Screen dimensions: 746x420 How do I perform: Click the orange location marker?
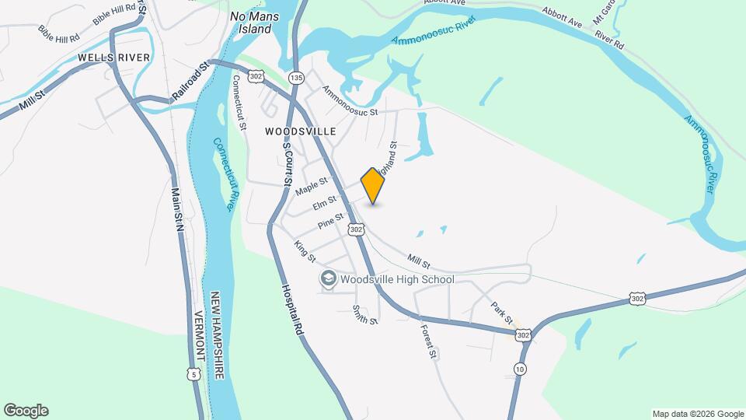coord(373,186)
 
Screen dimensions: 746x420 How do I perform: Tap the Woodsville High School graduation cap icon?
coord(328,278)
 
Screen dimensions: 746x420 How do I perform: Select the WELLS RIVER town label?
coord(107,58)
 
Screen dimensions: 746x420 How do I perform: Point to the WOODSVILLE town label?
coord(301,131)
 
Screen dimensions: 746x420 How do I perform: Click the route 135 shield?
coord(296,78)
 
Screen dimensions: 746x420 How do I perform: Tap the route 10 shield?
coord(520,368)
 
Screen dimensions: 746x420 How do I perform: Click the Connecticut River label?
coord(224,174)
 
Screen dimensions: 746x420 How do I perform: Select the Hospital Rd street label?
coord(291,310)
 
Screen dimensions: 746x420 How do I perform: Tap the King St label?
coord(305,251)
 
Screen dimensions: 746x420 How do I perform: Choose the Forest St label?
coord(429,340)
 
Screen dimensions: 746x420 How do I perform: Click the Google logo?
coord(26,411)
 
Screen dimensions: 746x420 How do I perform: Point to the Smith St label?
coord(364,315)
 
